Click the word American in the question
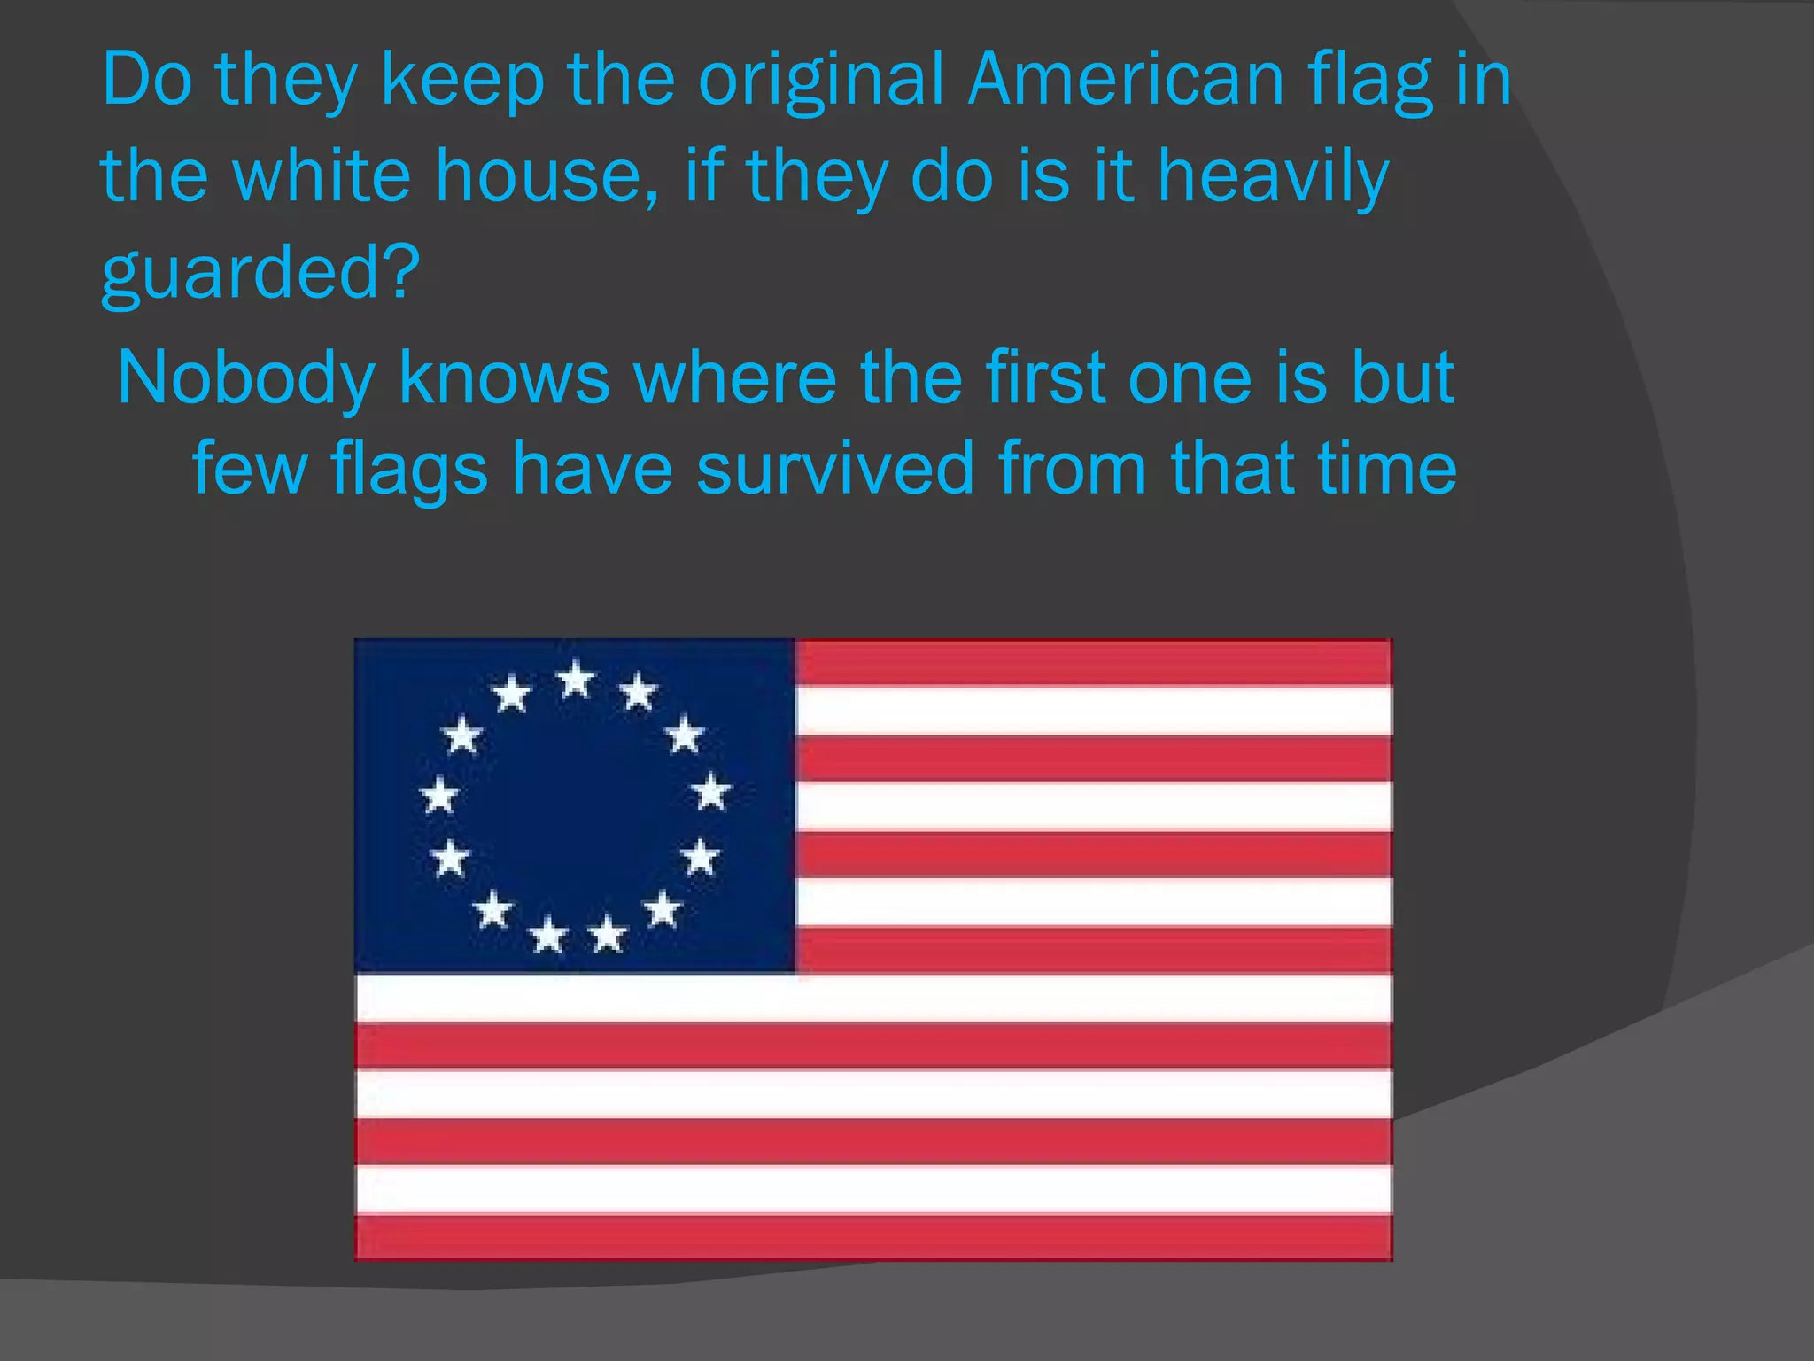click(1125, 80)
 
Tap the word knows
click(504, 378)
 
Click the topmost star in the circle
click(576, 680)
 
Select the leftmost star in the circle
click(439, 794)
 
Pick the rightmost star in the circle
click(711, 790)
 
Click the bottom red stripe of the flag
click(873, 1236)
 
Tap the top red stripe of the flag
click(1093, 662)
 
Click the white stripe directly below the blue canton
click(873, 998)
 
